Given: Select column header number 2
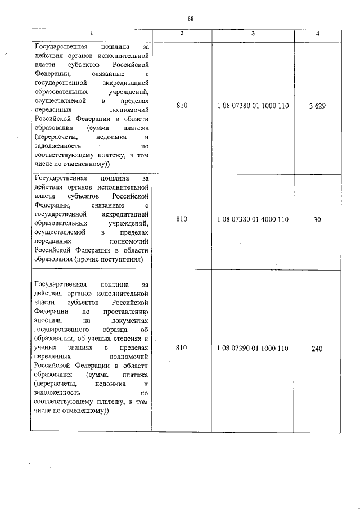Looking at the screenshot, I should click(181, 34).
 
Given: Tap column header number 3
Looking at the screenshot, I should click(253, 34).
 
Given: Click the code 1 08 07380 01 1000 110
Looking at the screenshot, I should click(253, 106).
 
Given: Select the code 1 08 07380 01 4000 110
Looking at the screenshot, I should click(253, 219).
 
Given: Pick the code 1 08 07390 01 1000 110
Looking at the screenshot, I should click(253, 349).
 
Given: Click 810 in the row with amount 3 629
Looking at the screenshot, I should click(181, 106).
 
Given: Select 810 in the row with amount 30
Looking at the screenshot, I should click(181, 219).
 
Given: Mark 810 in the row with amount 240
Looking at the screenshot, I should click(181, 349).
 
